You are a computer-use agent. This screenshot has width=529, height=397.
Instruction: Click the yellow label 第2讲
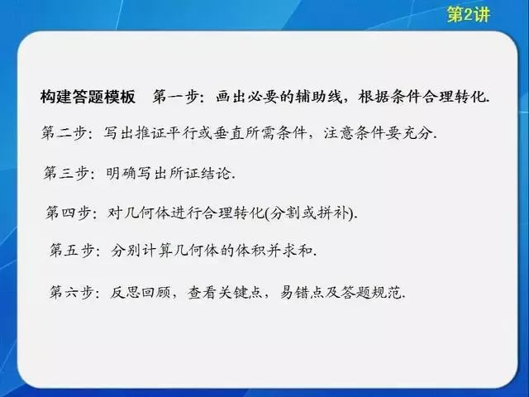tap(469, 15)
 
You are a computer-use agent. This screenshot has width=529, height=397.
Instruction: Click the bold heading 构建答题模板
tap(88, 97)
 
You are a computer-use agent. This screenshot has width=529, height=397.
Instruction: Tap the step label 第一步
tap(174, 97)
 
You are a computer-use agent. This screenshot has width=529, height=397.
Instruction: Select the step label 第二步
tap(63, 132)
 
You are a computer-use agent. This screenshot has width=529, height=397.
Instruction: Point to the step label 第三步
tap(65, 173)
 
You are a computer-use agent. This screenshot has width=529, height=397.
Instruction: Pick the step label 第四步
tap(68, 213)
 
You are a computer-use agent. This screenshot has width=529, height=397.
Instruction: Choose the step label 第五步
tap(72, 251)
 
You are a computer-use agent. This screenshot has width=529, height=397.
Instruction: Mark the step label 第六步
tap(71, 292)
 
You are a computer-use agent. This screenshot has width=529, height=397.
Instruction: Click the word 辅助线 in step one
tap(319, 97)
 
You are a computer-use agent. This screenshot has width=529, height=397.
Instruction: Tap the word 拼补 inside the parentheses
tap(333, 213)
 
